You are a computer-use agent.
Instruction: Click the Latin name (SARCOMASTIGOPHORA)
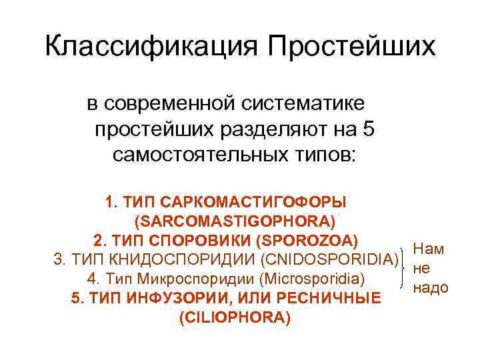tap(235, 219)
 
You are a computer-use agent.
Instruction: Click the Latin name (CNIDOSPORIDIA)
tap(329, 259)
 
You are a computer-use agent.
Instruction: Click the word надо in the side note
tap(431, 288)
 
